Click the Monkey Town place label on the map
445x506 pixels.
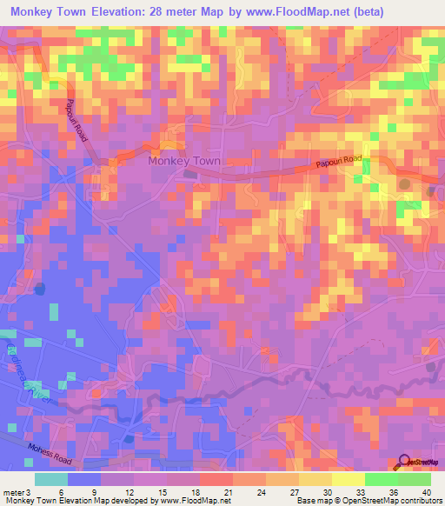[184, 161]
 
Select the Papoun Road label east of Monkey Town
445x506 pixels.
[337, 164]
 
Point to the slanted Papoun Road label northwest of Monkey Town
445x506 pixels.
[77, 119]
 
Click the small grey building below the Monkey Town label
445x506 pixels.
[190, 174]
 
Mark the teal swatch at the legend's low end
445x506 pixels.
[50, 479]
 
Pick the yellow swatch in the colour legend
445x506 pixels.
[348, 479]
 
